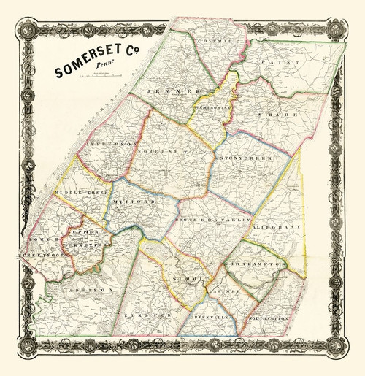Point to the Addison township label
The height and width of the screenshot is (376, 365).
(91, 290)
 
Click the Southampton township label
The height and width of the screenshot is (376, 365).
(269, 319)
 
